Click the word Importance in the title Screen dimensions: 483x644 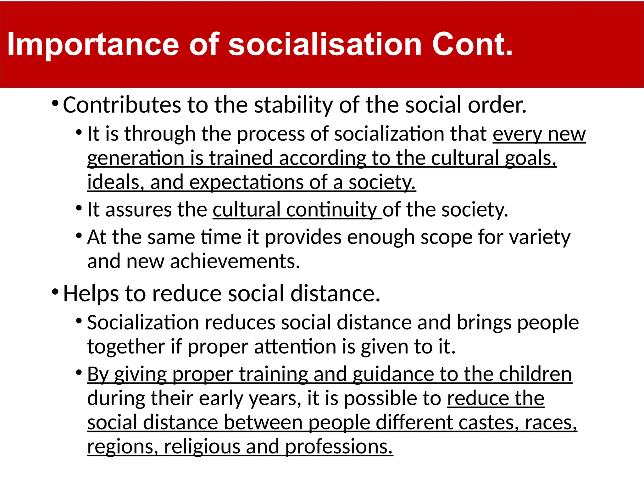tap(93, 45)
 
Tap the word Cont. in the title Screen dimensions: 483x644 tap(472, 45)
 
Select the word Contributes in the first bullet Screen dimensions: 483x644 tap(122, 105)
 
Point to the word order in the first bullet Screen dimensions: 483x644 tap(497, 105)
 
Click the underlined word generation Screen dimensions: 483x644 tap(136, 158)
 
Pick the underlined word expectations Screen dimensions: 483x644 tap(246, 182)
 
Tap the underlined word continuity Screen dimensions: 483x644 tap(331, 210)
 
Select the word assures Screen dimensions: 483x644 tap(138, 210)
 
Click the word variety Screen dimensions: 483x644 tap(540, 237)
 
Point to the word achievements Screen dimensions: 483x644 tap(235, 261)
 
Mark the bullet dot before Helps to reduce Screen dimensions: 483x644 tap(55, 292)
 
